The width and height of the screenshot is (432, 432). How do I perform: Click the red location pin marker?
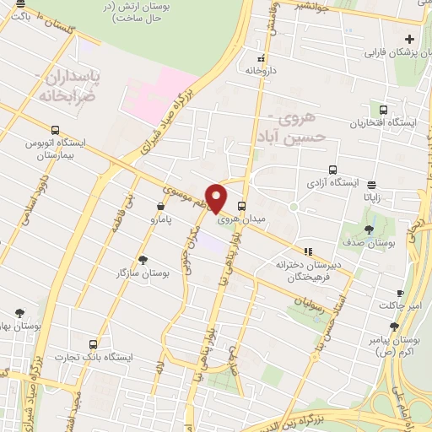pos(217,197)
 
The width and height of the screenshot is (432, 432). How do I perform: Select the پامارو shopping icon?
pos(159,206)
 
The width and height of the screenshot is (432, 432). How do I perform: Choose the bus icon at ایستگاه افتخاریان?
pos(384,110)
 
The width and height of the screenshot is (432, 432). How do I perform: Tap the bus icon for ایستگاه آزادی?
pos(332,169)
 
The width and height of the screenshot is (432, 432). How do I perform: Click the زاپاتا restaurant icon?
pos(372,183)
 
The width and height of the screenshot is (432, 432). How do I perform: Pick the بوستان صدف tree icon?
pos(370,229)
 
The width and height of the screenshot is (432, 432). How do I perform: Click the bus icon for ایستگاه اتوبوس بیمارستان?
pos(55,131)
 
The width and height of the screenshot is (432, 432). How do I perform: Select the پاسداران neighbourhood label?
pos(70,78)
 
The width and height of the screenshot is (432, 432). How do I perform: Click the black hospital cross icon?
pos(410,39)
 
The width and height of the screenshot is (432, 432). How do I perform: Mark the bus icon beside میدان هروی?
pos(243,205)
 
